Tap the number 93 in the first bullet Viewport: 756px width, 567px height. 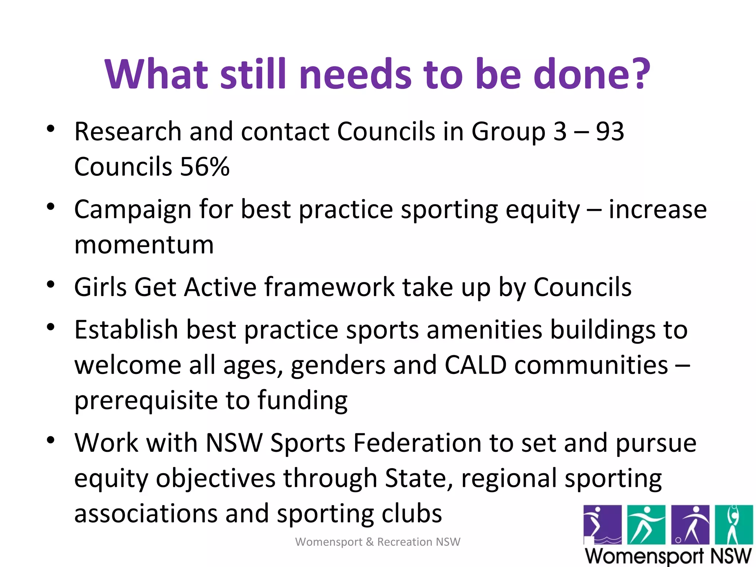pyautogui.click(x=610, y=131)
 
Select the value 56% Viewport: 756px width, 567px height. pyautogui.click(x=205, y=167)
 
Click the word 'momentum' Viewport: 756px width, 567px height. pyautogui.click(x=144, y=245)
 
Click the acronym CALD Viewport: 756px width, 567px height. pyautogui.click(x=475, y=365)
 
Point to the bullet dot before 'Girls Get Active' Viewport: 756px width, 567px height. pyautogui.click(x=51, y=285)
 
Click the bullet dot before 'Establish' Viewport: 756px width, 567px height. pyautogui.click(x=51, y=327)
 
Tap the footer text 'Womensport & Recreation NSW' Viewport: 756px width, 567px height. pyautogui.click(x=378, y=542)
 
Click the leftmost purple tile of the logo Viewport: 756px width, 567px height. pyautogui.click(x=602, y=525)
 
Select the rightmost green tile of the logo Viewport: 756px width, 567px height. pyautogui.click(x=733, y=525)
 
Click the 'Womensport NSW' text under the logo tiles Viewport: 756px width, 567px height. pyautogui.click(x=668, y=556)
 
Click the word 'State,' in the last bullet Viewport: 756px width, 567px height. pyautogui.click(x=419, y=478)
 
